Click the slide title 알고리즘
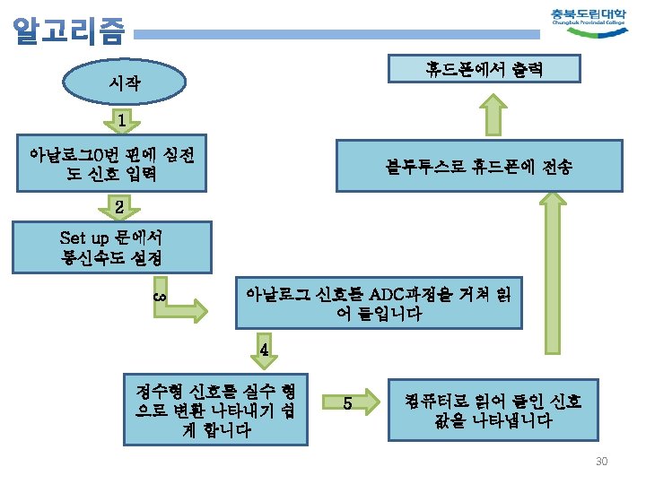click(68, 31)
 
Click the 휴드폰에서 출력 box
click(484, 68)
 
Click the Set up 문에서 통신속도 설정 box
click(110, 247)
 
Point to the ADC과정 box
click(378, 305)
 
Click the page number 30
click(601, 461)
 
